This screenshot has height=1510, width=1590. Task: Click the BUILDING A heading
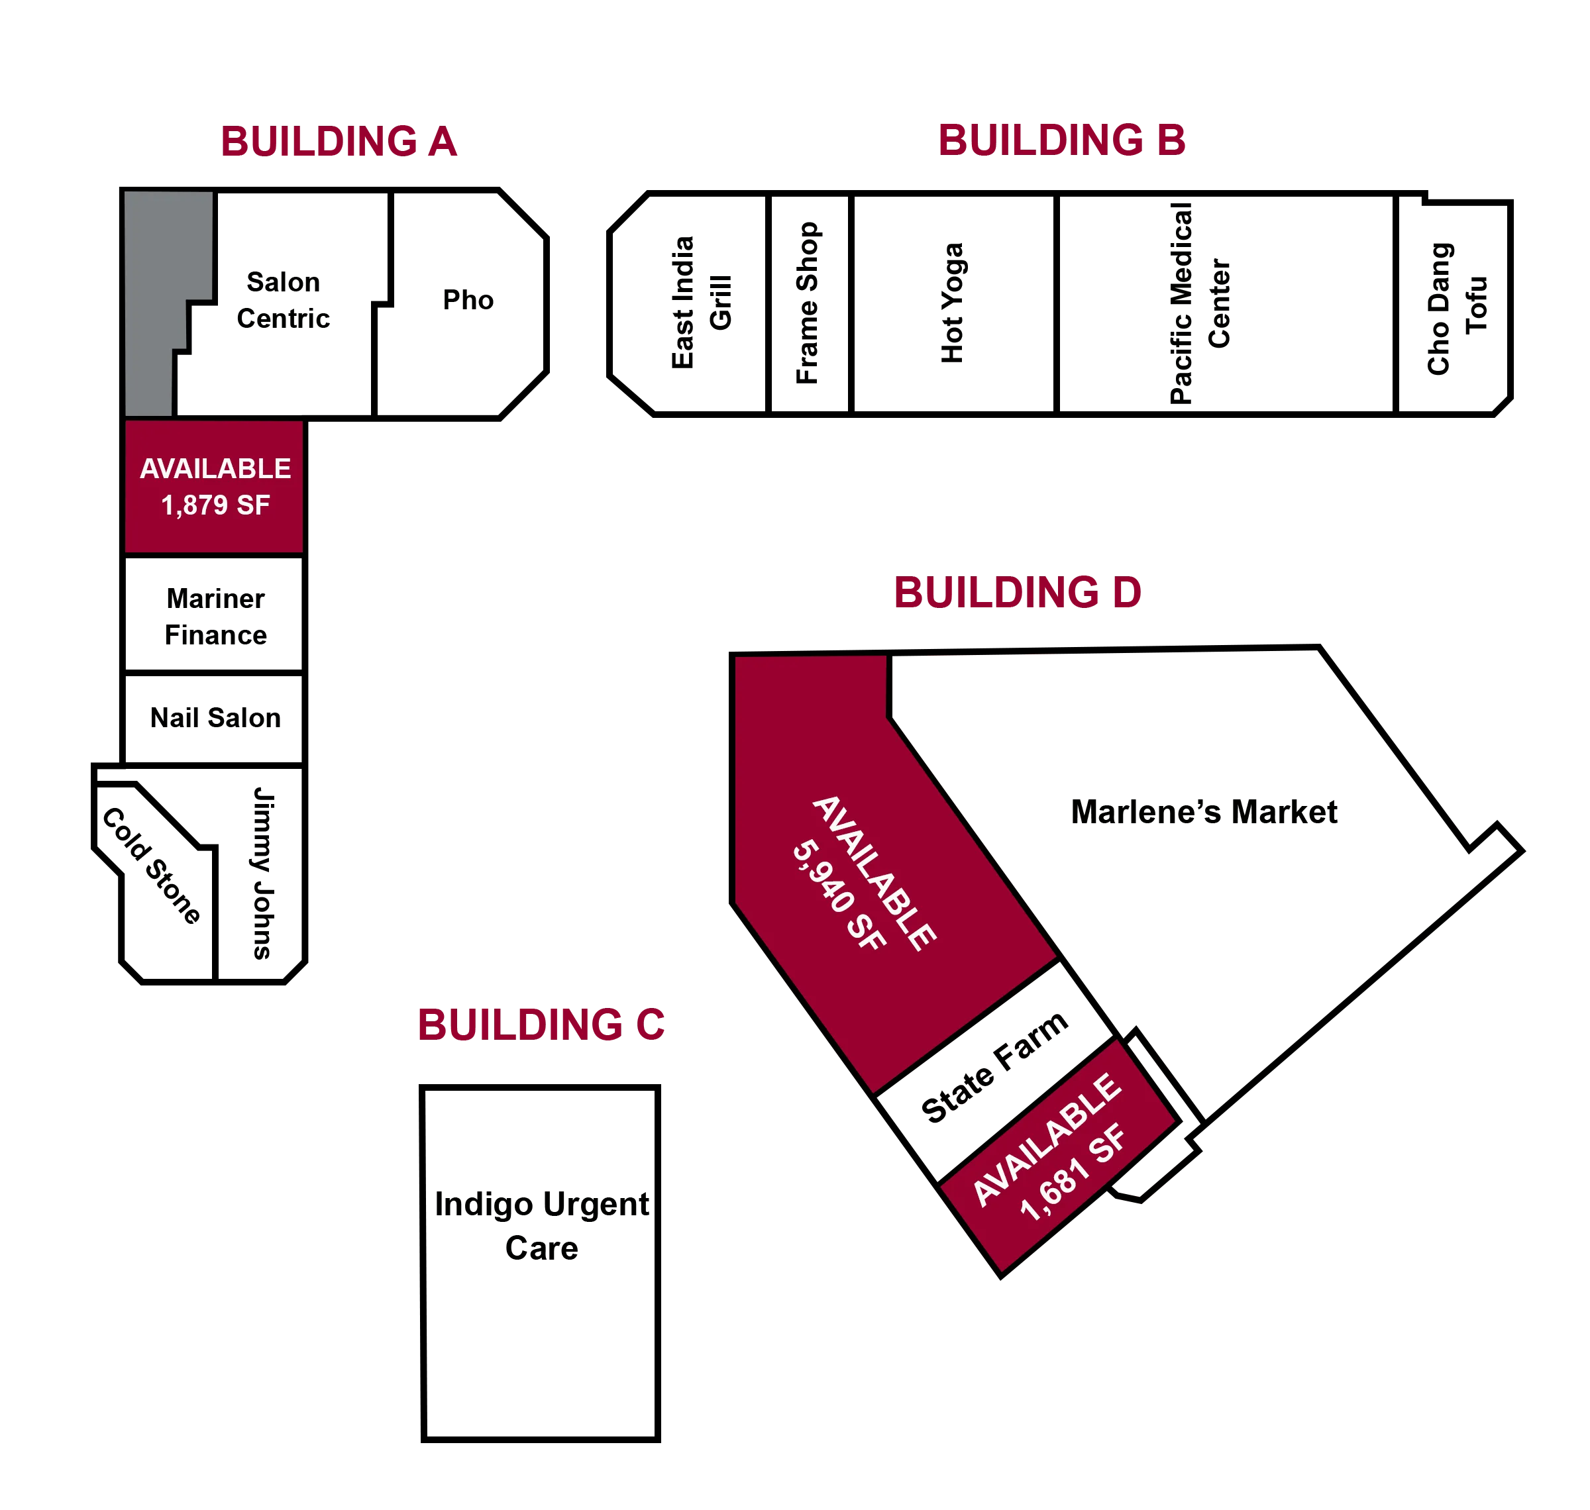tap(339, 142)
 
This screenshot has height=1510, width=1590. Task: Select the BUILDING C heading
tap(542, 1025)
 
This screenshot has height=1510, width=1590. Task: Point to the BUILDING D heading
tap(1018, 592)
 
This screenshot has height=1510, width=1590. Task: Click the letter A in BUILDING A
tap(443, 142)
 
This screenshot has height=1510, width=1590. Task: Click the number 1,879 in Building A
tap(195, 505)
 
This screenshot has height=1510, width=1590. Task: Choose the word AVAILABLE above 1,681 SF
tap(1047, 1140)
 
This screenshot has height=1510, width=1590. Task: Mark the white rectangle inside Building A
tap(577, 304)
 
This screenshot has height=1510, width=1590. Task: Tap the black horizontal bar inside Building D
tap(1256, 811)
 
